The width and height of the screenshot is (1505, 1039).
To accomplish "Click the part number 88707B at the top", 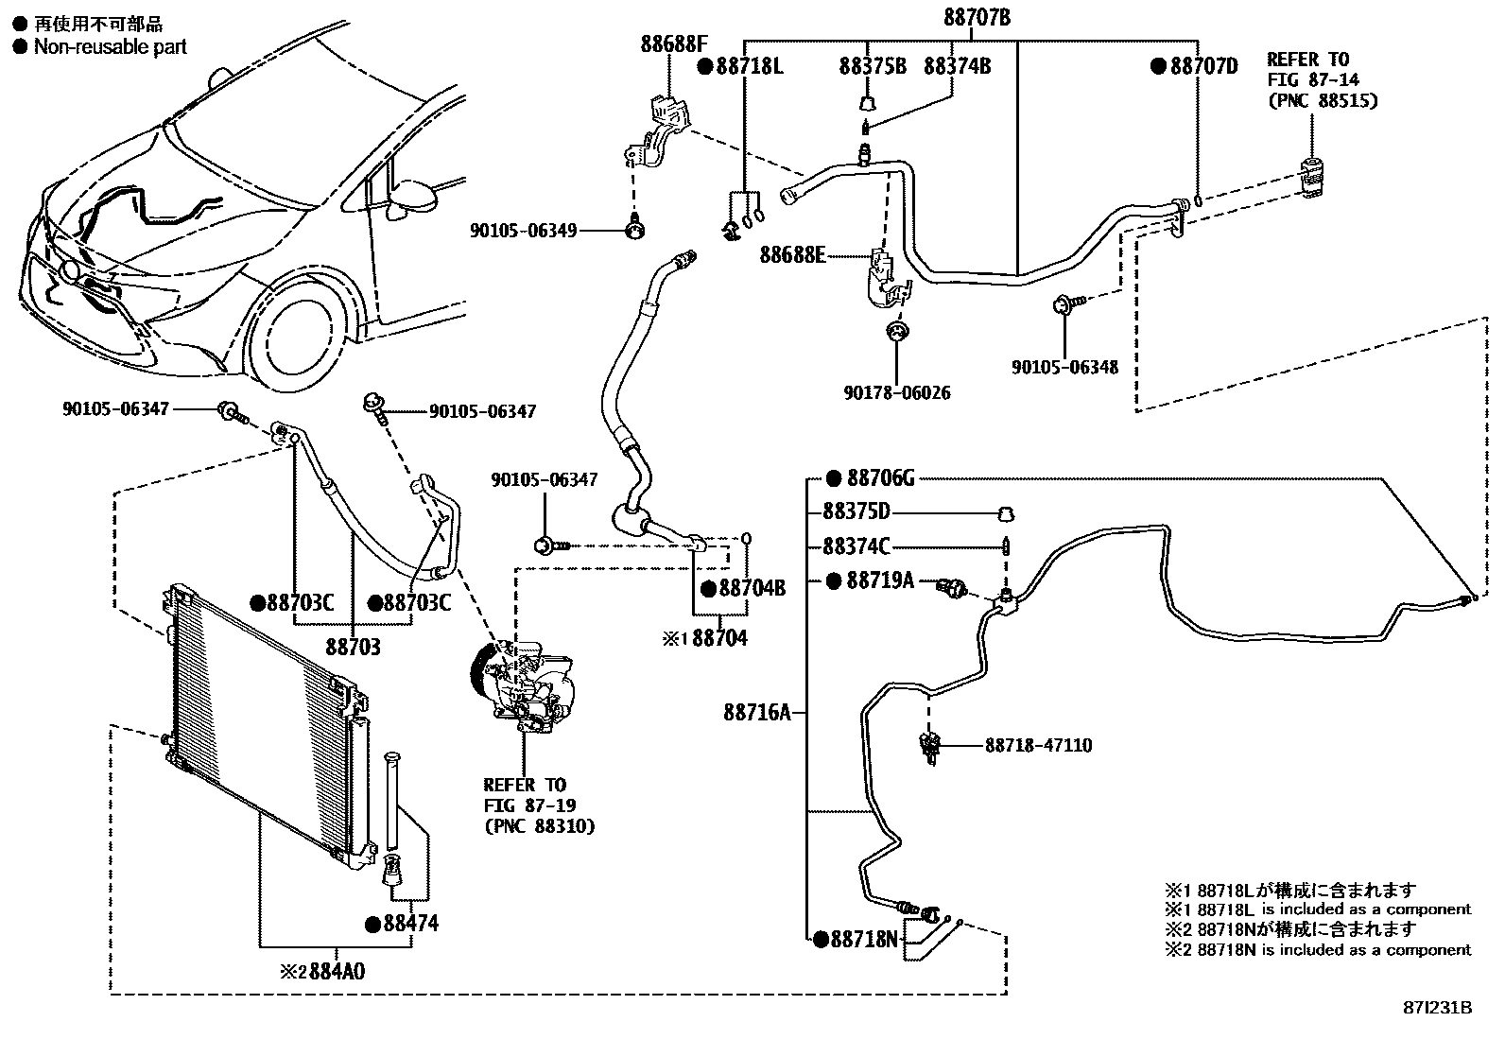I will pyautogui.click(x=977, y=17).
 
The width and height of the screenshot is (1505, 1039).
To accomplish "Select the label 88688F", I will pyautogui.click(x=674, y=43).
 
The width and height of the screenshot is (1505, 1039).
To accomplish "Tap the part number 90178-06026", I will pyautogui.click(x=897, y=392).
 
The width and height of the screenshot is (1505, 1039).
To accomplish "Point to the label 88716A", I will pyautogui.click(x=756, y=712).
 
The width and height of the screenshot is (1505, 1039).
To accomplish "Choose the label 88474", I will pyautogui.click(x=410, y=924).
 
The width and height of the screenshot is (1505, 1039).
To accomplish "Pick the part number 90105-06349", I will pyautogui.click(x=523, y=230).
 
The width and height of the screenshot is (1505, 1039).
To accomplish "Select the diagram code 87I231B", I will pyautogui.click(x=1437, y=1008).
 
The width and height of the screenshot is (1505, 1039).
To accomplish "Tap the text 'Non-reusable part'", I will pyautogui.click(x=110, y=46).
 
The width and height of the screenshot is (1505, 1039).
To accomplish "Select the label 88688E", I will pyautogui.click(x=793, y=255).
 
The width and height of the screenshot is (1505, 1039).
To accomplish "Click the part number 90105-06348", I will pyautogui.click(x=1064, y=367).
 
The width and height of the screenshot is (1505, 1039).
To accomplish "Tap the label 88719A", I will pyautogui.click(x=879, y=580).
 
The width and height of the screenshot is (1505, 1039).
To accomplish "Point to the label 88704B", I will pyautogui.click(x=752, y=588).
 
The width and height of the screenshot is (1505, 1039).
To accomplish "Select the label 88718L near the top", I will pyautogui.click(x=750, y=66).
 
